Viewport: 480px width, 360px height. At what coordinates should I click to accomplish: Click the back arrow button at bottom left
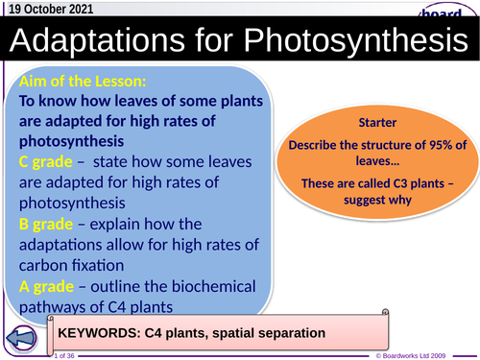20,337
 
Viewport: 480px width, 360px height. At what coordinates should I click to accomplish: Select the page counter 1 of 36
66,354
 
